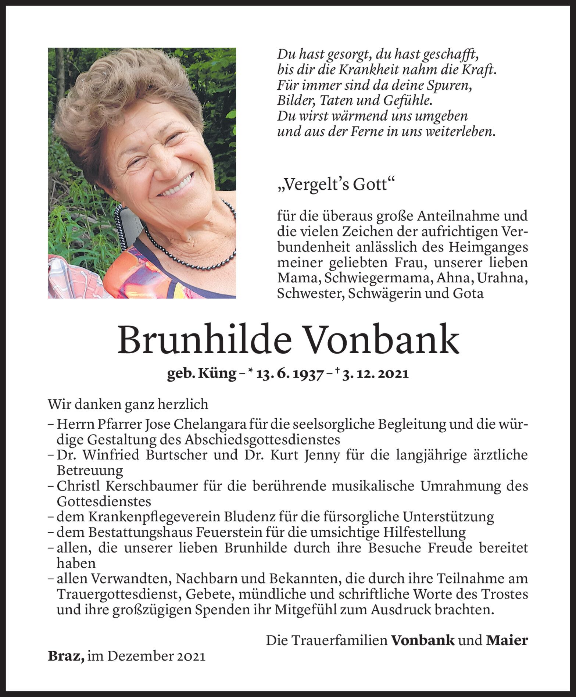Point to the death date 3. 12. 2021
375,373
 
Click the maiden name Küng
217,373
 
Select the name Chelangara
209,425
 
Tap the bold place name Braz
65,657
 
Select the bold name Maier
507,641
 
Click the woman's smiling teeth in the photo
177,187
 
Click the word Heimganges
488,247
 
